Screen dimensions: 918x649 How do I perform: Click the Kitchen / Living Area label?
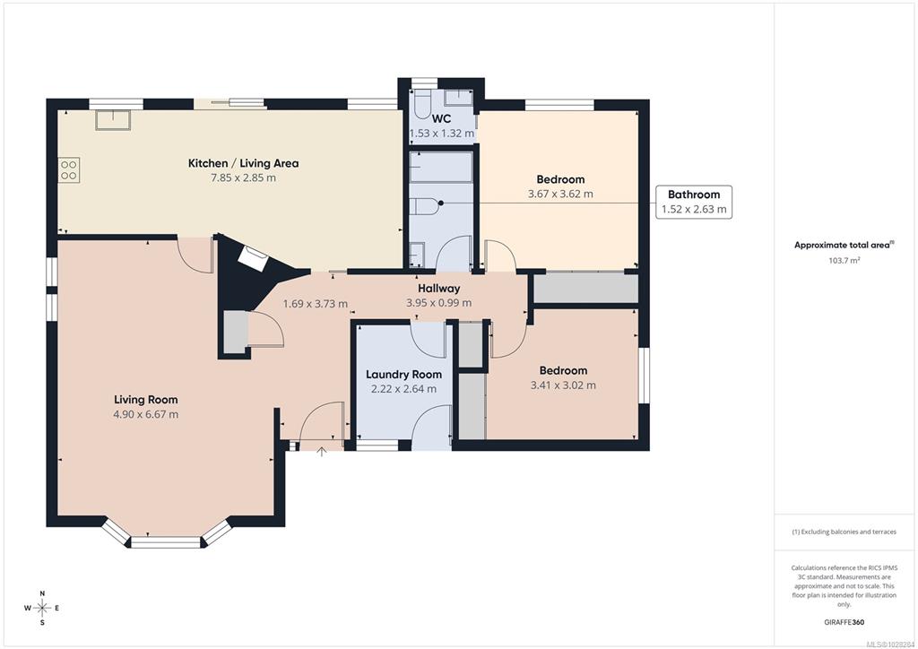click(243, 163)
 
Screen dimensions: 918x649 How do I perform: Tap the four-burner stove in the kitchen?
click(68, 169)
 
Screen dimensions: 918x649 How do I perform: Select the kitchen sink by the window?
click(113, 119)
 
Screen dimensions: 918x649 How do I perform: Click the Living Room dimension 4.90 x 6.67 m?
click(146, 414)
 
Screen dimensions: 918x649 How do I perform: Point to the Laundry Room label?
click(404, 375)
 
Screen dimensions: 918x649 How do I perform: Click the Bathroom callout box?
click(694, 202)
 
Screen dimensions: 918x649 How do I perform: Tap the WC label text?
click(441, 119)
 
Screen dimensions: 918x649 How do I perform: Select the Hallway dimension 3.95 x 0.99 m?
click(439, 303)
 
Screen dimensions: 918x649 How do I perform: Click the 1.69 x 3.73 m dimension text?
click(316, 304)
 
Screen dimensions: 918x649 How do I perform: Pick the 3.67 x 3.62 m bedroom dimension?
click(560, 194)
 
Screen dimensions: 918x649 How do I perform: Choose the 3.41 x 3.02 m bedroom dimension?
click(563, 385)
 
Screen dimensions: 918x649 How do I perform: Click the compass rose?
click(42, 608)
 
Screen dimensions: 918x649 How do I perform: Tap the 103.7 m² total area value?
click(844, 261)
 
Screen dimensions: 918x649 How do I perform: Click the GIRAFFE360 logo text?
click(844, 622)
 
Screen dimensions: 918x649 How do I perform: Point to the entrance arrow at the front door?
click(322, 451)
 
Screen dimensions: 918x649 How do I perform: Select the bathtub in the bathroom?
click(441, 167)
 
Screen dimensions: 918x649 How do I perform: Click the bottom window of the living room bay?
click(166, 542)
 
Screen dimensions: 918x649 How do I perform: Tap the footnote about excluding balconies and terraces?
click(844, 532)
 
